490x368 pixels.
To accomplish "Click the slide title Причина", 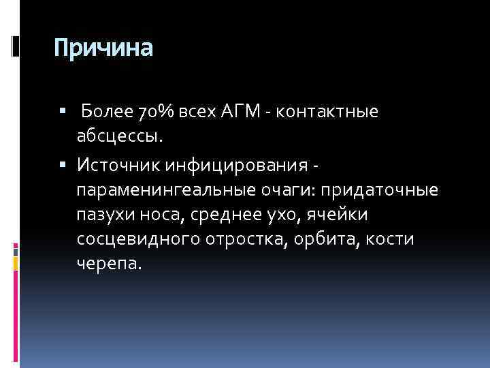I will pyautogui.click(x=103, y=48).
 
